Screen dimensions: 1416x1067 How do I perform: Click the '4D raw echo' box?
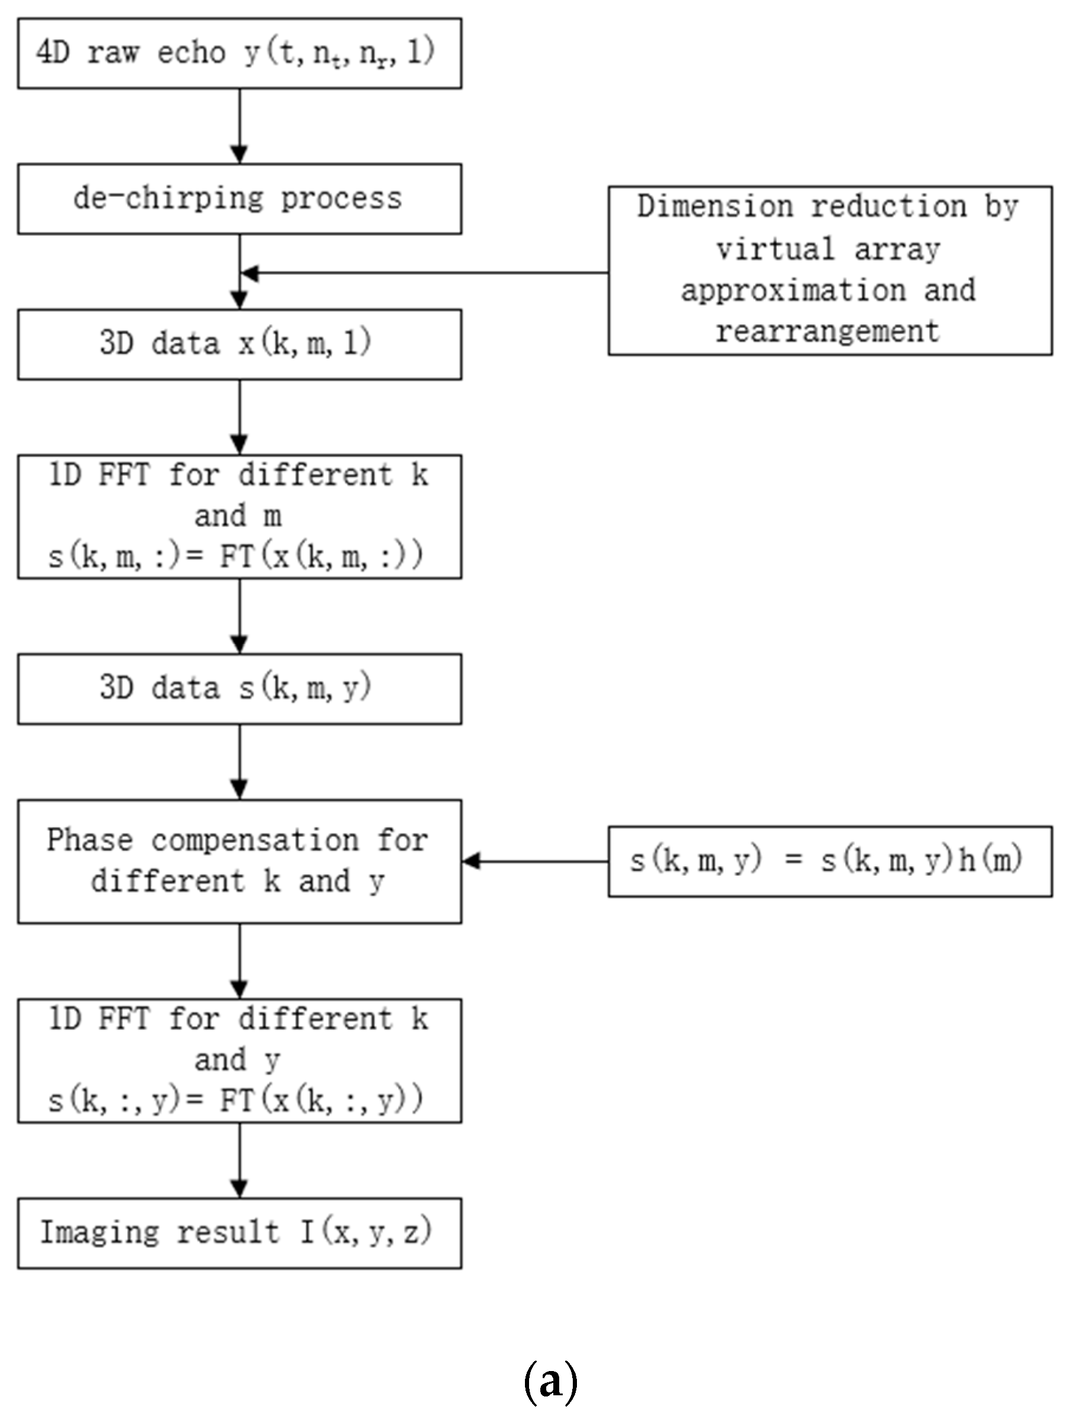click(x=239, y=53)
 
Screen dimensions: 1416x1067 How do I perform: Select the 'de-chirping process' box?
click(x=239, y=198)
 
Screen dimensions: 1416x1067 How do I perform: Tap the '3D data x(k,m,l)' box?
click(x=239, y=344)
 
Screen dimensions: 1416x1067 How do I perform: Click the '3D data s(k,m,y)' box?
click(x=239, y=689)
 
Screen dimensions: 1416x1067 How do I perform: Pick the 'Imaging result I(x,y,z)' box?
click(x=239, y=1233)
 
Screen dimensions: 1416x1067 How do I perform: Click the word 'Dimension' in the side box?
click(x=715, y=207)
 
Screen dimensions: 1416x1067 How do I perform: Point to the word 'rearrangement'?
click(x=828, y=331)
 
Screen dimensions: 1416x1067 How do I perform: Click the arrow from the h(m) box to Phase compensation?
click(x=535, y=861)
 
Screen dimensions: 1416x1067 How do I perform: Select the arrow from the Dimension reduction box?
click(x=422, y=273)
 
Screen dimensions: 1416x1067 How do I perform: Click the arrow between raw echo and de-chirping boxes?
click(x=239, y=126)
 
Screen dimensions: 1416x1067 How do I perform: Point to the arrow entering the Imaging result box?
click(x=239, y=1160)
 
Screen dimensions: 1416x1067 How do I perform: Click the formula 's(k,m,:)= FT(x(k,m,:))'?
click(x=235, y=556)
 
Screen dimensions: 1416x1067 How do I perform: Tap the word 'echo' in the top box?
click(x=192, y=53)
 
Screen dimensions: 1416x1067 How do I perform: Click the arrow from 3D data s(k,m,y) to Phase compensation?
click(x=239, y=762)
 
